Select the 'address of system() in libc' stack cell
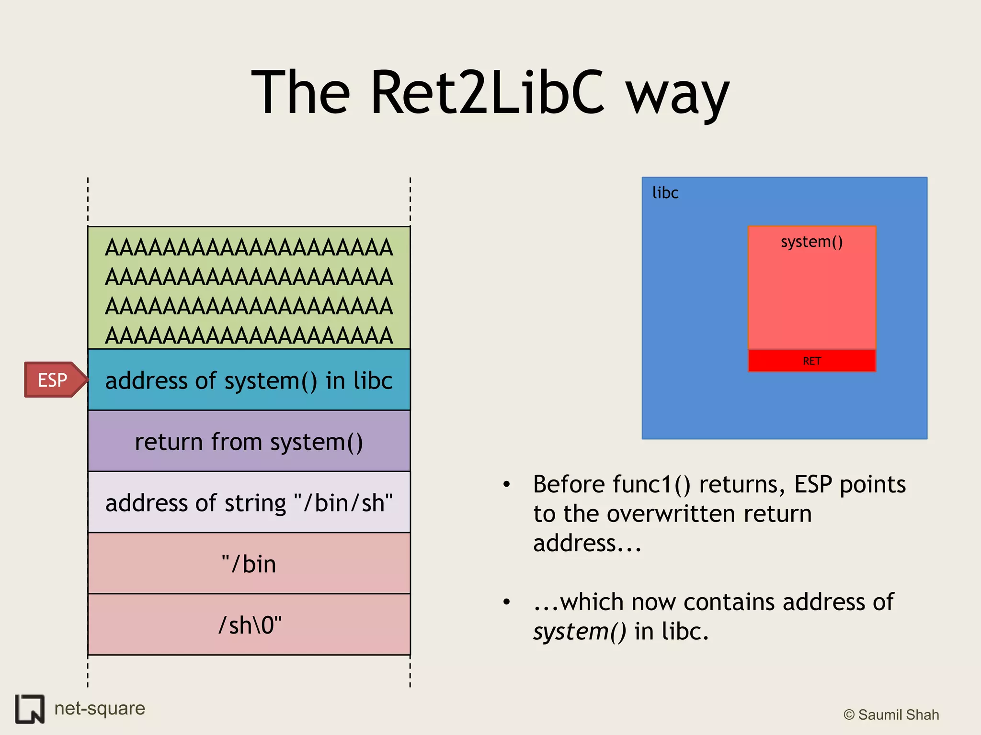[249, 380]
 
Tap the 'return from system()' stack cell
[249, 442]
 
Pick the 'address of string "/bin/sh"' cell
[249, 503]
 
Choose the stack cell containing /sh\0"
[249, 625]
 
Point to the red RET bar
[812, 361]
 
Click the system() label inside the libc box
[812, 242]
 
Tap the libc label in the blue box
[665, 193]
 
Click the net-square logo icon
[30, 709]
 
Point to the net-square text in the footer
[100, 708]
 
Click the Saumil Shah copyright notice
[891, 714]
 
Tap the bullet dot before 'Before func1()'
[507, 484]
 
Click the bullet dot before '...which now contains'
[507, 602]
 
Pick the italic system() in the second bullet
[580, 632]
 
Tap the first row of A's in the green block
[249, 248]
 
